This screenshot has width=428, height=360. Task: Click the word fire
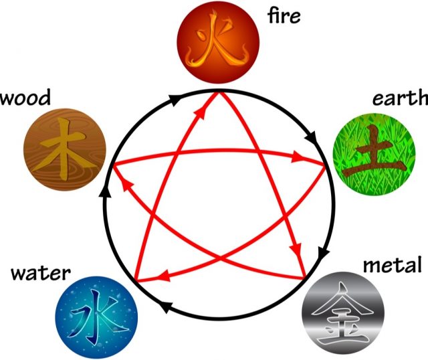(284, 15)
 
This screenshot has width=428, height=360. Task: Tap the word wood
(25, 97)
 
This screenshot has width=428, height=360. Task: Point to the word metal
(393, 264)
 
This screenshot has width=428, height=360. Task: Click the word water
(41, 272)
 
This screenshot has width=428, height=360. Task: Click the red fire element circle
(218, 41)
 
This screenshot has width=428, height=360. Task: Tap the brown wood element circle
(65, 149)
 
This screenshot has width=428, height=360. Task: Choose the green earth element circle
(374, 155)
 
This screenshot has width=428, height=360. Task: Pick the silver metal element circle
(343, 313)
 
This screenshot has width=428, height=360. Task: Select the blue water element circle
(96, 317)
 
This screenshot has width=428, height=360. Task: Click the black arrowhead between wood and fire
(175, 100)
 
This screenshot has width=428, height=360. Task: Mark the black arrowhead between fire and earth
(311, 137)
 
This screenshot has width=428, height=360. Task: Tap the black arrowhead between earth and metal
(323, 252)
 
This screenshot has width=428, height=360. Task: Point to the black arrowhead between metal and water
(165, 306)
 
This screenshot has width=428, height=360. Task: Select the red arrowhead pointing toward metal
(296, 248)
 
